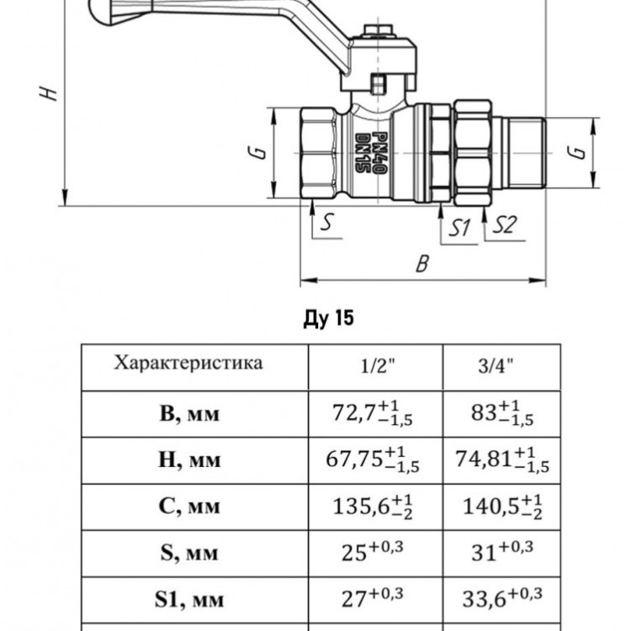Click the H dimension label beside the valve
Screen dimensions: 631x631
[x=48, y=93]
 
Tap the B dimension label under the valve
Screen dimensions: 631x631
[x=422, y=264]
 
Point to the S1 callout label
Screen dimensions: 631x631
[x=459, y=228]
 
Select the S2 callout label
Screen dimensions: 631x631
[x=505, y=225]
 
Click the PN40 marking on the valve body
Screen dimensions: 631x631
[x=379, y=153]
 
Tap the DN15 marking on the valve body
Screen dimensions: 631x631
[x=362, y=153]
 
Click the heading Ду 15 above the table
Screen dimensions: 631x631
[x=328, y=318]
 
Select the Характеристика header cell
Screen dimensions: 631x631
[x=188, y=363]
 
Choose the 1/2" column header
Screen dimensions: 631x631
[x=378, y=366]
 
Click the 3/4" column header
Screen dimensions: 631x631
[x=496, y=366]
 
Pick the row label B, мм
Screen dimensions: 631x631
[x=189, y=413]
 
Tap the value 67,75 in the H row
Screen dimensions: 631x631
[x=354, y=459]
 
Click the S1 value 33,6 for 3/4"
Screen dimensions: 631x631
[x=484, y=600]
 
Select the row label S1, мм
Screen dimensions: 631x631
[x=189, y=600]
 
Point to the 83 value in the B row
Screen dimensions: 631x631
[x=484, y=413]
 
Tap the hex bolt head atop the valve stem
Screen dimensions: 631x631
[x=379, y=31]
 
